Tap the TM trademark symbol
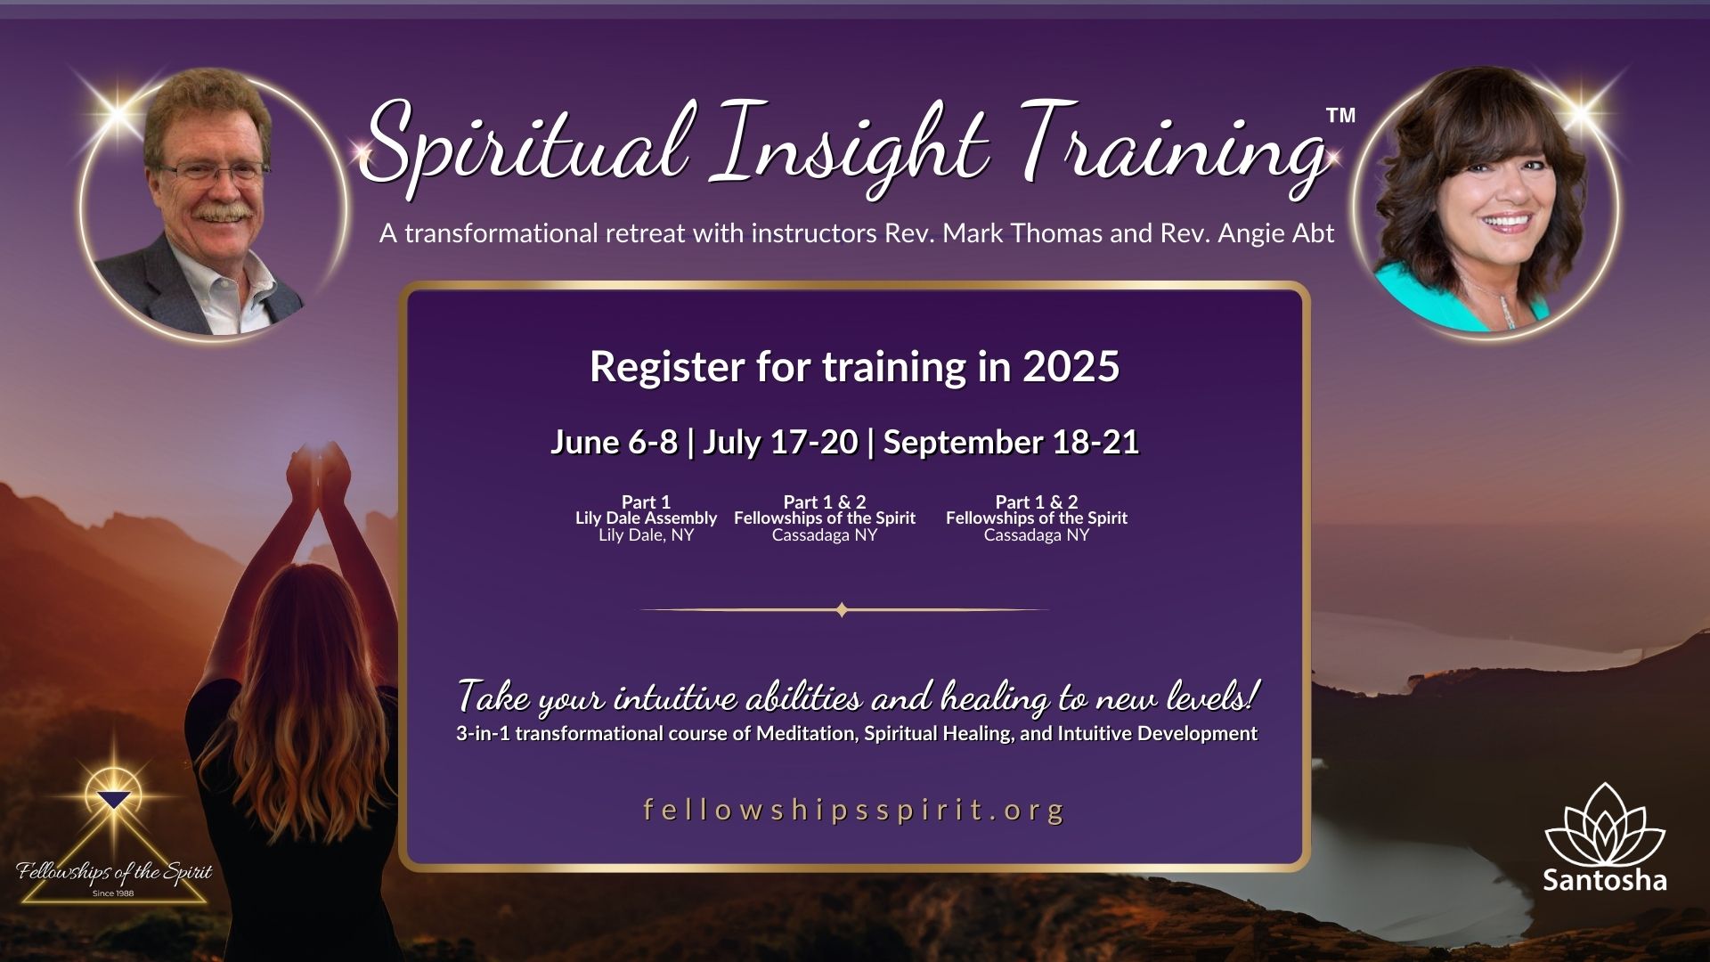(1340, 115)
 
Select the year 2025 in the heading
(1071, 366)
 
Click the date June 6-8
(614, 442)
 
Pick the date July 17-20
(780, 442)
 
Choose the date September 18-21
(1011, 442)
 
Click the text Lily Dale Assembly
(646, 518)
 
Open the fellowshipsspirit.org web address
(853, 810)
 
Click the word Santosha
(1604, 880)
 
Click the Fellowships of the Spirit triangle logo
(114, 842)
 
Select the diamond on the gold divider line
(842, 610)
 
